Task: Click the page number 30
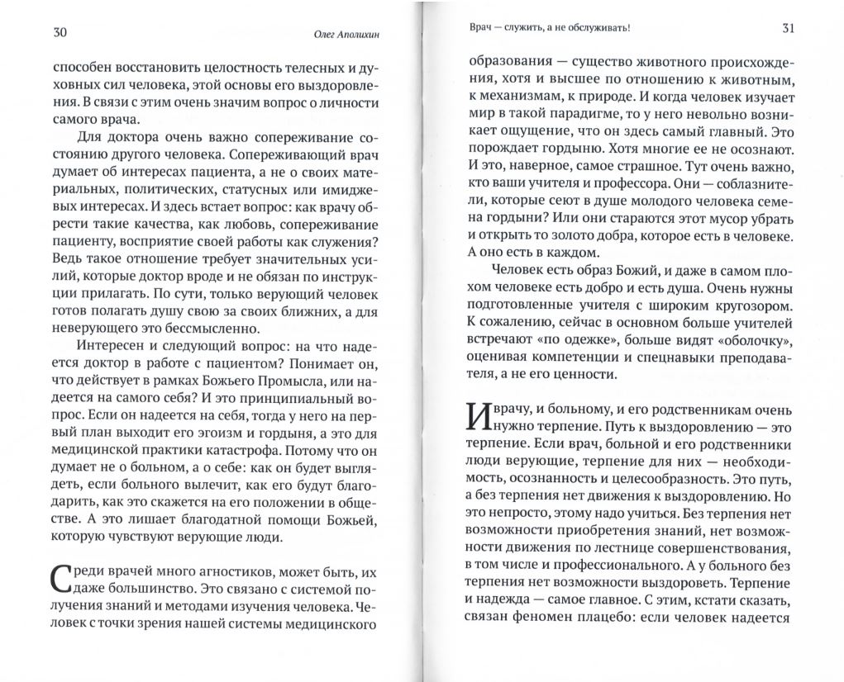pyautogui.click(x=60, y=33)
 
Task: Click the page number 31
pyautogui.click(x=788, y=29)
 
